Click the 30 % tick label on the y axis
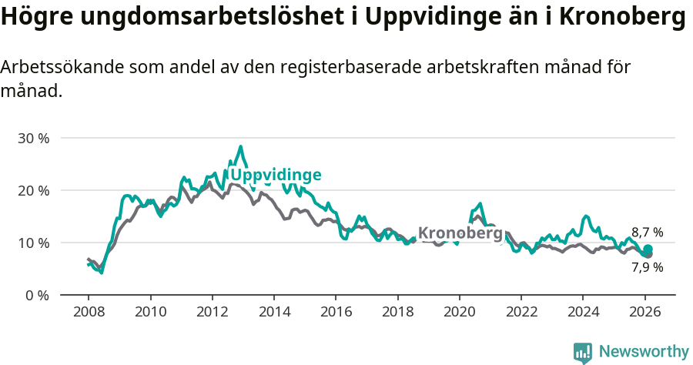click(33, 139)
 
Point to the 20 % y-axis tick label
click(33, 191)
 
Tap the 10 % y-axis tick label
click(33, 243)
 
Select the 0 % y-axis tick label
click(36, 296)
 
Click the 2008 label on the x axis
click(89, 312)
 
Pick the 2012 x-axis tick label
click(212, 312)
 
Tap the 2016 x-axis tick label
click(336, 312)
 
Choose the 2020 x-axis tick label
click(459, 312)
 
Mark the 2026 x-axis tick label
click(644, 312)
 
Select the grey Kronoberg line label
click(460, 233)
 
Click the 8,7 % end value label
click(647, 233)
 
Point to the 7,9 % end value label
click(647, 268)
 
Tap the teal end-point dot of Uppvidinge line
click(648, 249)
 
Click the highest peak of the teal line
click(240, 146)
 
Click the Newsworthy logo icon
click(583, 353)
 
